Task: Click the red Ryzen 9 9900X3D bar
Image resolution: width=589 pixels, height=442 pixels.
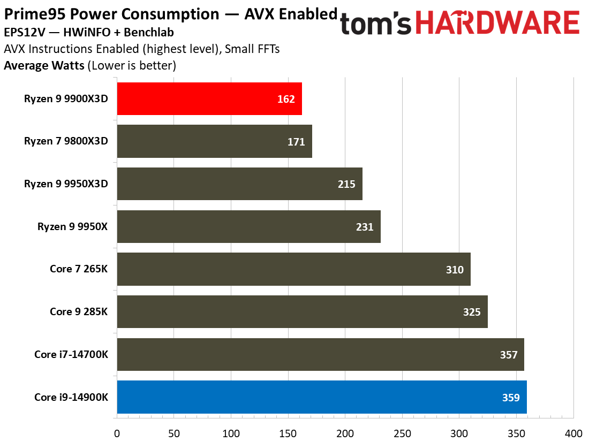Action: [209, 98]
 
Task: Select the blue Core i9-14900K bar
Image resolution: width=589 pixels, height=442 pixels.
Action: [321, 397]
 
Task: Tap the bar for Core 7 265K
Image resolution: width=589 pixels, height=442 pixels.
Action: [293, 269]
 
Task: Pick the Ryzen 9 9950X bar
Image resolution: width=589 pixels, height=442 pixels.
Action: [248, 226]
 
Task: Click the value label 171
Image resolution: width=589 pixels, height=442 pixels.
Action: [296, 142]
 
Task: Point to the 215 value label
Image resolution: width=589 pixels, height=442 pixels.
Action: [346, 184]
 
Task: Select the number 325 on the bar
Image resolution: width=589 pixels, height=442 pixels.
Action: [472, 312]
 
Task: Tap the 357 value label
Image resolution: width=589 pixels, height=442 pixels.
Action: [508, 355]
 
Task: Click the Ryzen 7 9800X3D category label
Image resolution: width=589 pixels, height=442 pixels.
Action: [66, 141]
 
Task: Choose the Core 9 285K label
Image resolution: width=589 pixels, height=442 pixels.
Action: [79, 311]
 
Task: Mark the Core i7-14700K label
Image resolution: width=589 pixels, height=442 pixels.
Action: [71, 354]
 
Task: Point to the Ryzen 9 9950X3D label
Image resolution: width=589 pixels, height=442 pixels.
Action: [66, 184]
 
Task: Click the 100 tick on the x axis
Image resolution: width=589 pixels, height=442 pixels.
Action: [231, 432]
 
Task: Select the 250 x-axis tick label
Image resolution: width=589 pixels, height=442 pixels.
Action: [403, 432]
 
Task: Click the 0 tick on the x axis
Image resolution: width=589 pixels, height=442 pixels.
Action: [117, 432]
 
